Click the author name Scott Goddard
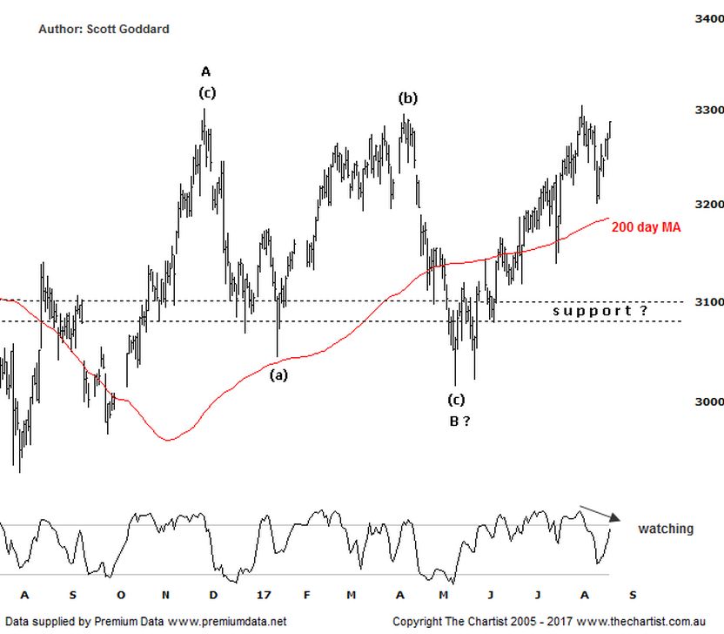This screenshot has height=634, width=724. [130, 29]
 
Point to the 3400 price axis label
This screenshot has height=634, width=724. [709, 17]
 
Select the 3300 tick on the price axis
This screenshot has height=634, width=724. [709, 111]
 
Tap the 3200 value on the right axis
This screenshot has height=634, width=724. [709, 204]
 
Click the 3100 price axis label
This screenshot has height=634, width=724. [709, 301]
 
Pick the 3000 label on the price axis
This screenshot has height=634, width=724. [709, 401]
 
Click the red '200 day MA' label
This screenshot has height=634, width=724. [646, 227]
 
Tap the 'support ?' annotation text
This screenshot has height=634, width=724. [601, 311]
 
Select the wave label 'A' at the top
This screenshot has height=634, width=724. [205, 71]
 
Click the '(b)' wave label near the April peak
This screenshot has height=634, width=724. [407, 98]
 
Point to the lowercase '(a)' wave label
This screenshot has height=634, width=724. [278, 375]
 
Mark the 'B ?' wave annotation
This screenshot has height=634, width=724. [459, 422]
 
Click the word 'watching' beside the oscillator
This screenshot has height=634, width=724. [666, 529]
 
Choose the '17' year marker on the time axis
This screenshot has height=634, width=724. [265, 595]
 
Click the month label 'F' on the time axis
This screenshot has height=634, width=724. [306, 595]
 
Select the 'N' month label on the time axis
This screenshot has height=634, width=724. [167, 595]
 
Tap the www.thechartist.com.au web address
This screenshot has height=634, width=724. [623, 622]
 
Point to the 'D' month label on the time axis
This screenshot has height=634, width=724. [213, 595]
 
